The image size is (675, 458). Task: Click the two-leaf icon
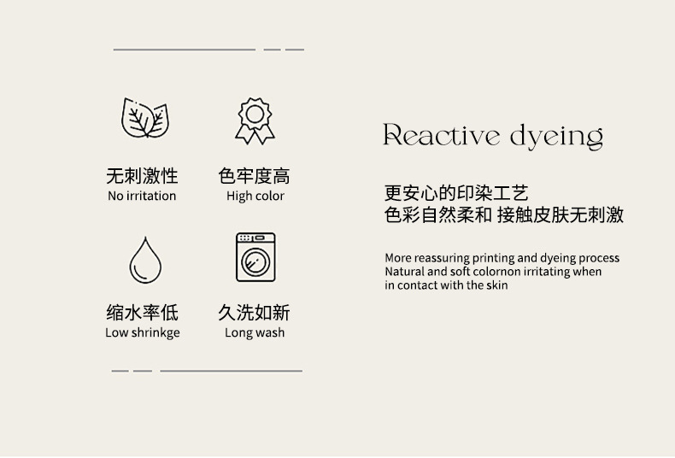pos(145,118)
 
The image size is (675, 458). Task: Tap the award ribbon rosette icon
pos(255,121)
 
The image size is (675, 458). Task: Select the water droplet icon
pos(145,260)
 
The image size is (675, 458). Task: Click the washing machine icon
pos(255,257)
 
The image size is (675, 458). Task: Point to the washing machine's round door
pos(255,262)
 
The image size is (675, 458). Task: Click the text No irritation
pos(142,196)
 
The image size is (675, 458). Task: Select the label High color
pos(255,197)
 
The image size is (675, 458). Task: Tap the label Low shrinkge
pos(143,332)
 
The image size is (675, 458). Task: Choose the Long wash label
pos(255,332)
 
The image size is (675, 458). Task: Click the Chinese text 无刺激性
pos(142,176)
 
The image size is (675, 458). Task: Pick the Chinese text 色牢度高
pos(254,176)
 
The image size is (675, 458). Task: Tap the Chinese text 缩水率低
pos(142,313)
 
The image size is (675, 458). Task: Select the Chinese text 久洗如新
pos(254,313)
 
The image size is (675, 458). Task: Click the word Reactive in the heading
pos(441,135)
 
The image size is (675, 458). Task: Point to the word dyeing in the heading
pos(556,137)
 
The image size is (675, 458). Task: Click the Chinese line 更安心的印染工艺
pos(456,193)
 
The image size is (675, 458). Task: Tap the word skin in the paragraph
pos(497,285)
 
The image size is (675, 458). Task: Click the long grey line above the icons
pos(185,50)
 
